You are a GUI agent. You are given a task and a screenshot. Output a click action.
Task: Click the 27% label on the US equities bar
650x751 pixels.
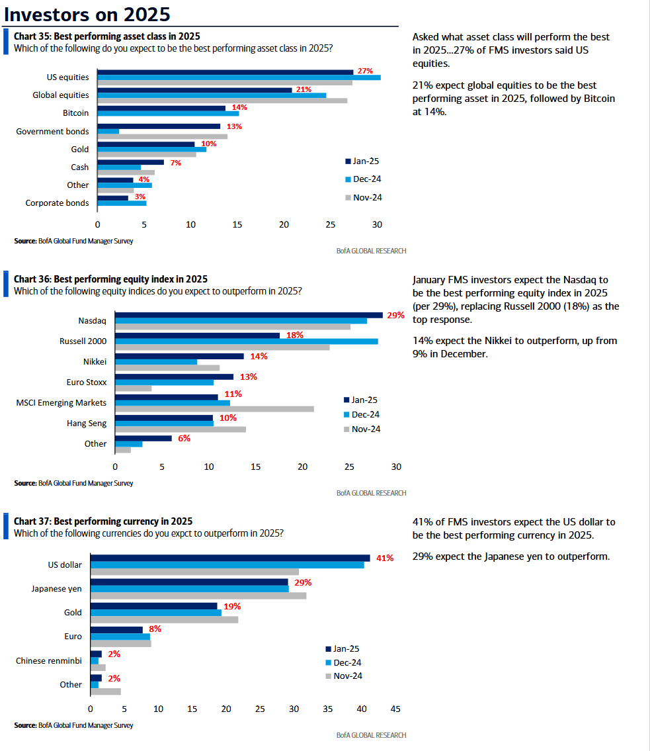(365, 71)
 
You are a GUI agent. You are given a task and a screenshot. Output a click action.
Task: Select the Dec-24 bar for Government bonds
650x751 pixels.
(108, 131)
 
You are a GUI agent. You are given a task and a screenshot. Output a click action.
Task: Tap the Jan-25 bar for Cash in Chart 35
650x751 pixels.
(131, 162)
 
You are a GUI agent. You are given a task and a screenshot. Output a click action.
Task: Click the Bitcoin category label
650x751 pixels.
(75, 113)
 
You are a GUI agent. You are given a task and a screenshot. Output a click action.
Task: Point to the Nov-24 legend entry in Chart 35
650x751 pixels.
(364, 197)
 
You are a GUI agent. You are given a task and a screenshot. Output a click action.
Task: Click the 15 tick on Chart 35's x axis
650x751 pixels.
(237, 224)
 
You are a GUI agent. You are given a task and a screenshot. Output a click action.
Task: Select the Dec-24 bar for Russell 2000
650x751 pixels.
(247, 341)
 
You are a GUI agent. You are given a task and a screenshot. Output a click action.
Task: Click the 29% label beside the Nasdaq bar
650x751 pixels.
(396, 315)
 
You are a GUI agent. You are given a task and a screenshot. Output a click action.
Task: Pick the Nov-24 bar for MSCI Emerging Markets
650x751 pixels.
(214, 409)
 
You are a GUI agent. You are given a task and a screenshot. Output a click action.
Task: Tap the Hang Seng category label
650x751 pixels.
(87, 423)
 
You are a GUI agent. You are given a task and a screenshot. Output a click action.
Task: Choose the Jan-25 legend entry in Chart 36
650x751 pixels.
(360, 400)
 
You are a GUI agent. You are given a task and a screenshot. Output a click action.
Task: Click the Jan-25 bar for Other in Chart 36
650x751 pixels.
(143, 438)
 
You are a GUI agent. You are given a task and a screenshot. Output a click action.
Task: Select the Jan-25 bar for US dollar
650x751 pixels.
(230, 558)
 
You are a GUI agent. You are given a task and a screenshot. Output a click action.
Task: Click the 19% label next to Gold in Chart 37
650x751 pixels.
(232, 606)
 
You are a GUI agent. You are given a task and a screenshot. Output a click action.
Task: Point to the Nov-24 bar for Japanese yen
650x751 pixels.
(198, 596)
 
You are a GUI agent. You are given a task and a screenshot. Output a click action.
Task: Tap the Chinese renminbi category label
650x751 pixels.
(49, 661)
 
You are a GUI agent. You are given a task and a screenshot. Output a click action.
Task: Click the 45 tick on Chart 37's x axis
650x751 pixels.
(395, 709)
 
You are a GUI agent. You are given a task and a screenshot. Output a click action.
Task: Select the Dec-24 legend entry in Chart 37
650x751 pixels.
(343, 662)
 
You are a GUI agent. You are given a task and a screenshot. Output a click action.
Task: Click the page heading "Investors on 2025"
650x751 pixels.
(87, 15)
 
